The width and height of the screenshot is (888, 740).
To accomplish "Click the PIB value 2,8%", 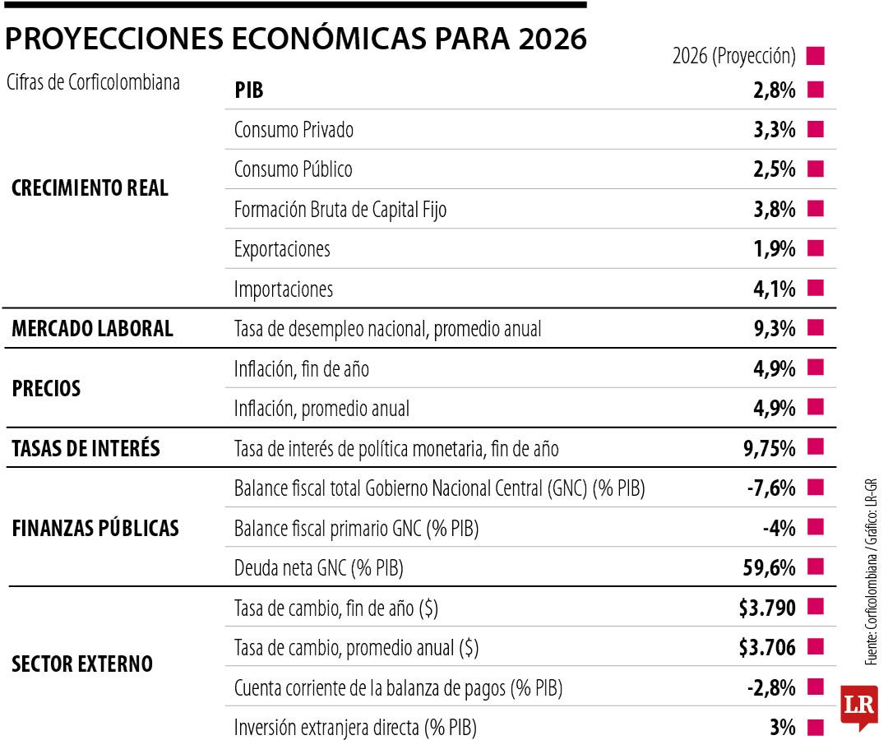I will point(774,90).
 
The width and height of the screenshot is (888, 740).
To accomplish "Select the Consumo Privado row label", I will point(294,130).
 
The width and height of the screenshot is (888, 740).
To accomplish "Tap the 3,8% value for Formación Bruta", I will point(774,210).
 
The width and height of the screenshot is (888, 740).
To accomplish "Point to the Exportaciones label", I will point(282,249).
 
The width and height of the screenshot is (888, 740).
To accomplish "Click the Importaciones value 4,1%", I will point(774,289).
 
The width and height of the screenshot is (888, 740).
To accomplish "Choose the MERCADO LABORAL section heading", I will point(92,329).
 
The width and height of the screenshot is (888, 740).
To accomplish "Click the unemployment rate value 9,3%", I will point(774,329).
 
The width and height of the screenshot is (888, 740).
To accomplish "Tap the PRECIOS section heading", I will point(46,389).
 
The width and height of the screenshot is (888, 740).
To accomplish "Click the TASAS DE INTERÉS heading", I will point(86,449).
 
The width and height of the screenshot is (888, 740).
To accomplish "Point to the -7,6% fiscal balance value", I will point(771,488).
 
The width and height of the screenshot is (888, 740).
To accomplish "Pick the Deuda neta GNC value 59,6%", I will point(769,567).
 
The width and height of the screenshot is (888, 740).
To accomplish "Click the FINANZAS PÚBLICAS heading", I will point(95,528).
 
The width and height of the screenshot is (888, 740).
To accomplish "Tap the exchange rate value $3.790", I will point(767,608).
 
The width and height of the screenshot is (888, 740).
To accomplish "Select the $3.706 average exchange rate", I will point(767,648).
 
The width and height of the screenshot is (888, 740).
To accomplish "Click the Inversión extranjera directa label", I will point(355,728).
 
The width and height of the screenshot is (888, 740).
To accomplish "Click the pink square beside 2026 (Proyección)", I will point(816,57).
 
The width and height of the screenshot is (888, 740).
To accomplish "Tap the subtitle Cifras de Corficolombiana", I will point(92,83).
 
